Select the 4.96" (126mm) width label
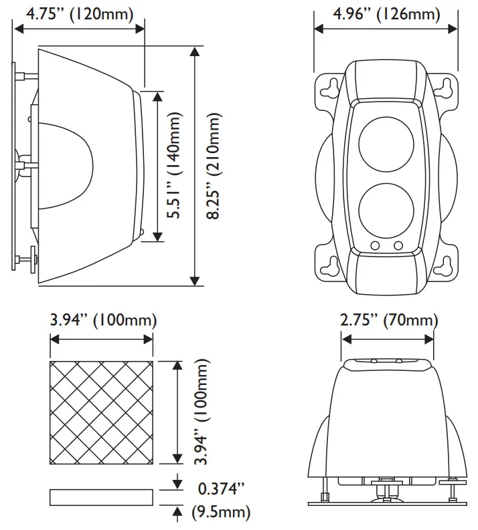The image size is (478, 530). [386, 13]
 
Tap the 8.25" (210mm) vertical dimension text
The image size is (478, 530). [214, 166]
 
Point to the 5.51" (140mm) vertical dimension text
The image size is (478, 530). [175, 166]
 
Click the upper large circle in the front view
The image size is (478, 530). [386, 144]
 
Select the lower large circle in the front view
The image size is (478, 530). [386, 207]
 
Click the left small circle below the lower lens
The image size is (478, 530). [376, 246]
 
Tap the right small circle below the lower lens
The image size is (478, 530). [398, 246]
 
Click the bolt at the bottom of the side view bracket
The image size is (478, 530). [27, 257]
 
